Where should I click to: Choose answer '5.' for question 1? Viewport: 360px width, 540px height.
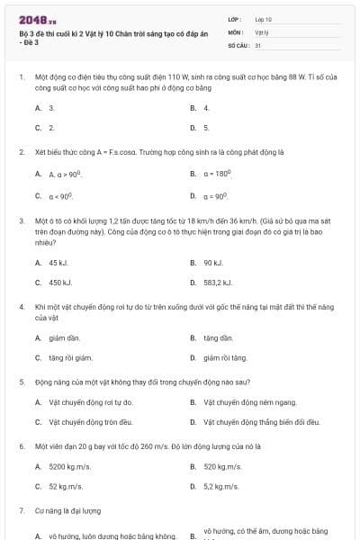206,128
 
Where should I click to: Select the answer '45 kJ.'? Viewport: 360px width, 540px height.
58,263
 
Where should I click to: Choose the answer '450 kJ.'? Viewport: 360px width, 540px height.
60,283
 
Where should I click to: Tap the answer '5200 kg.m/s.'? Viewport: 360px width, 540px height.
71,467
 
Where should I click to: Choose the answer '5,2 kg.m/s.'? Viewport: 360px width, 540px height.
221,486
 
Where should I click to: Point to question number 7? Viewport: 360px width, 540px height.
21,510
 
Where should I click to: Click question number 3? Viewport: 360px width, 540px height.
21,220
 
